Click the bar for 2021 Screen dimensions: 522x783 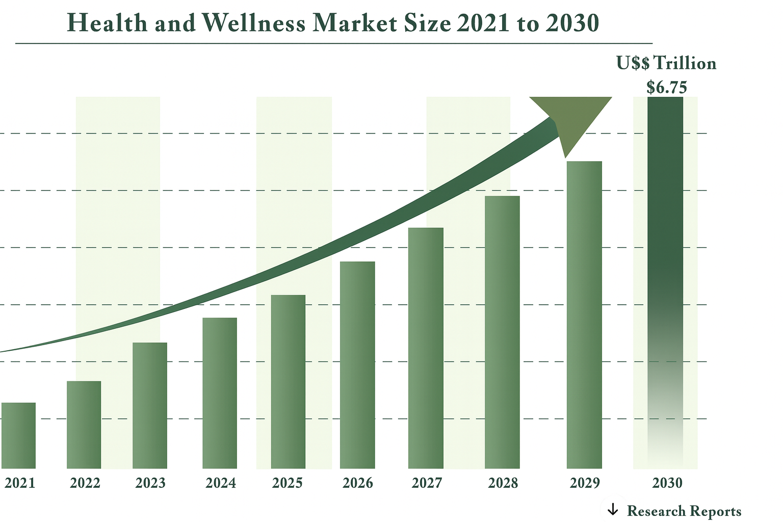click(18, 435)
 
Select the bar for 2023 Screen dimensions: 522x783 click(150, 405)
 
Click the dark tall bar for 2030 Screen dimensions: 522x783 click(665, 229)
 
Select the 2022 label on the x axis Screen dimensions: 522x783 click(85, 483)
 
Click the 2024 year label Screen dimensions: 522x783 click(221, 483)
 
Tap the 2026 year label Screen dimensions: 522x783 click(358, 483)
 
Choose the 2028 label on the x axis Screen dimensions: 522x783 click(503, 483)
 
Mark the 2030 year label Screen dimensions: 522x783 click(667, 483)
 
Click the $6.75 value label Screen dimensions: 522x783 click(667, 87)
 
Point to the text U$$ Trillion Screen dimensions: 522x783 click(666, 63)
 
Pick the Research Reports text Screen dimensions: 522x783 click(684, 511)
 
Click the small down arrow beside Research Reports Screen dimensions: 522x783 click(612, 509)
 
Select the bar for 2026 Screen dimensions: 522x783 click(357, 364)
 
